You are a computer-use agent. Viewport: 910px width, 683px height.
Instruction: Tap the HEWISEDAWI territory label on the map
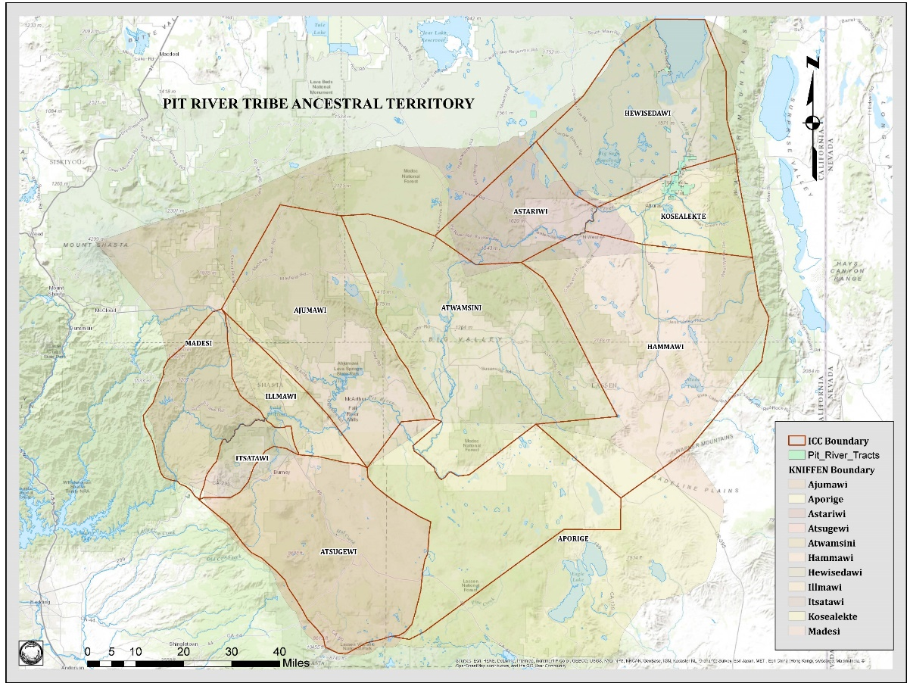649,113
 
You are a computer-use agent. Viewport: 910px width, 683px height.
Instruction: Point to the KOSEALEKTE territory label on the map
682,216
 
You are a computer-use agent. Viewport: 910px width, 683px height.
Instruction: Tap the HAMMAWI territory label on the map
665,346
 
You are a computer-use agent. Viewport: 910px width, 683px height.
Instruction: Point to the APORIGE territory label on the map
573,539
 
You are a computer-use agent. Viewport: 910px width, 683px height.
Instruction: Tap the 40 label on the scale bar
280,652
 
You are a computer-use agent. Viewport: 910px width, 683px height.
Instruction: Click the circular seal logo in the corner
31,653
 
